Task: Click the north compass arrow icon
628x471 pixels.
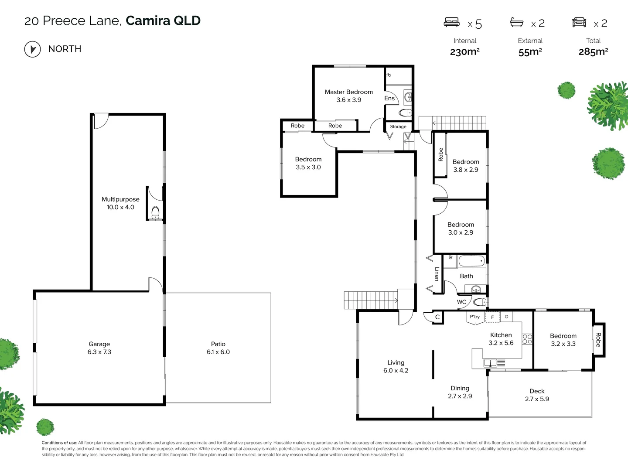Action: point(32,49)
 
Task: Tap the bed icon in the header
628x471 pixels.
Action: point(451,22)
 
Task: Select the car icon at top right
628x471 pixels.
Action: point(579,22)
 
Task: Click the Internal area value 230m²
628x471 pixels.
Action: point(464,52)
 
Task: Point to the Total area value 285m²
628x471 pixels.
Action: point(593,52)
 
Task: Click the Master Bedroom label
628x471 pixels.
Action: point(348,92)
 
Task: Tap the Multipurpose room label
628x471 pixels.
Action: point(120,199)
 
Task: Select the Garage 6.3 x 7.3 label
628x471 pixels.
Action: point(99,348)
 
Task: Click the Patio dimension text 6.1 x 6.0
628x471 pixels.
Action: point(218,352)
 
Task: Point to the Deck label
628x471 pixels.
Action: point(537,391)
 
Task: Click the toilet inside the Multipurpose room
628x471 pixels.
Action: point(155,213)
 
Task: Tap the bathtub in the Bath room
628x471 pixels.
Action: point(471,262)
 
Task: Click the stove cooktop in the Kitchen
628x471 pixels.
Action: point(527,339)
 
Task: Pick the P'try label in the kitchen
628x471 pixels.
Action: point(474,317)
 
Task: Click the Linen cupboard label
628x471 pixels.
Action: point(437,274)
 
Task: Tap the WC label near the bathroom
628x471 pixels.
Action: point(461,302)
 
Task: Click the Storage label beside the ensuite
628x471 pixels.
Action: point(398,126)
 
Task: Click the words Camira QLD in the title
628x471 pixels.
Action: point(163,20)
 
